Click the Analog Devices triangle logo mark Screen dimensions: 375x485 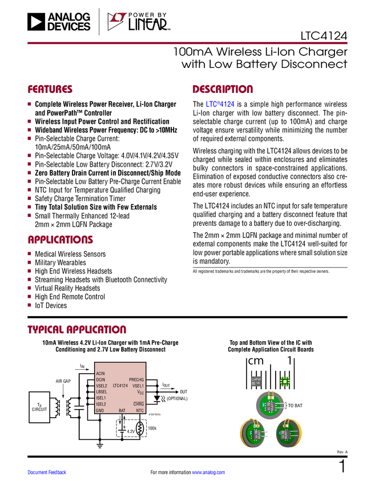tap(35, 22)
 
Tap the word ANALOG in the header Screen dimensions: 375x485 tap(69, 17)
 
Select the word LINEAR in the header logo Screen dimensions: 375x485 tap(147, 25)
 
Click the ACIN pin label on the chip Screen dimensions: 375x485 tap(100, 373)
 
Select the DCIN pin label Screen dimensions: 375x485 tap(100, 379)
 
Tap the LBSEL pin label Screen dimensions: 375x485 tap(102, 392)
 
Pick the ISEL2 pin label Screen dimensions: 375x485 tap(101, 404)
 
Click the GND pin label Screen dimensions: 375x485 tap(100, 410)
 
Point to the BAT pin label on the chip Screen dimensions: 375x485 tap(122, 410)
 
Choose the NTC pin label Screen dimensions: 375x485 tap(140, 410)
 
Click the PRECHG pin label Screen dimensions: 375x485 tap(136, 379)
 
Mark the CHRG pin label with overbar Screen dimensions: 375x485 tap(139, 404)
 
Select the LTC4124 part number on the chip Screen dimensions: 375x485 tap(120, 386)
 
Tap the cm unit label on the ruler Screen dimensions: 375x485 tap(256, 361)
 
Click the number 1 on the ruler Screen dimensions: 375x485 tap(290, 361)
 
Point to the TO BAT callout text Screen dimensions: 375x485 tap(295, 405)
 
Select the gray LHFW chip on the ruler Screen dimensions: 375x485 tap(256, 381)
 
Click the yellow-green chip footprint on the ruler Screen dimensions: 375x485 tap(284, 381)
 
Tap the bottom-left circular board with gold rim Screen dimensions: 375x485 tap(255, 435)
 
